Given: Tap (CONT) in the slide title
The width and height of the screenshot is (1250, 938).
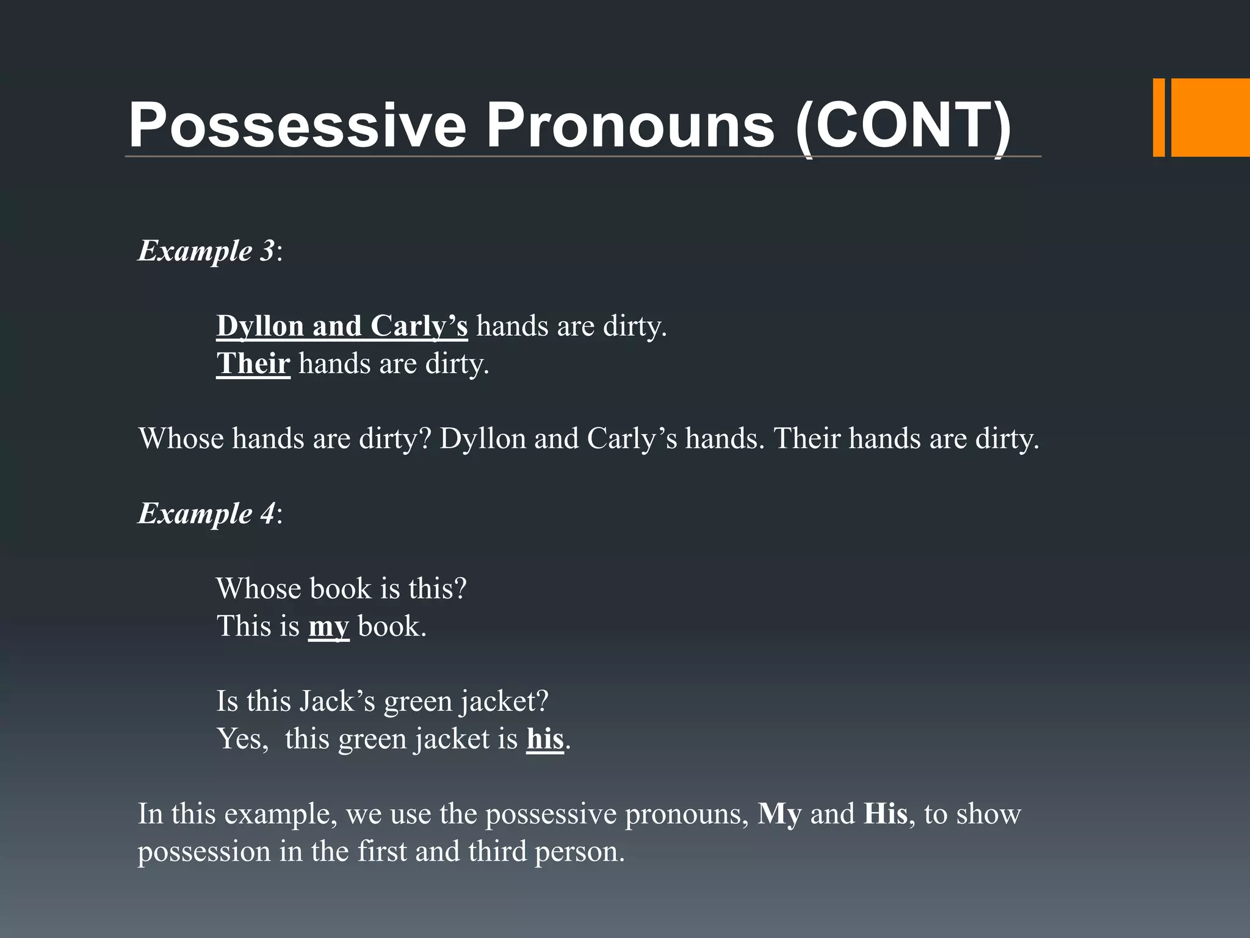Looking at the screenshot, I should (x=904, y=125).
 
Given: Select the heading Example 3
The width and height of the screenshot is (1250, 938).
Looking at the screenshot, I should (x=206, y=250).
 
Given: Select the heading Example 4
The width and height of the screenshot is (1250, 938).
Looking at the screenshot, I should (x=206, y=513).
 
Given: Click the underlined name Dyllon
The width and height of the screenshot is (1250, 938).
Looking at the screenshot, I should (x=260, y=326).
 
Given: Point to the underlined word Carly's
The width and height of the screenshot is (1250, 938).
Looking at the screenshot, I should (x=419, y=326).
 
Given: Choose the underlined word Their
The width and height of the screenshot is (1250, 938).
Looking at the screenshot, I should (x=253, y=364).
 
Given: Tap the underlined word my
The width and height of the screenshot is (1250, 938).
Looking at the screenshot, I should (x=328, y=627).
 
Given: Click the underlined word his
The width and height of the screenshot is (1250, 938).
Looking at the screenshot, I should (x=544, y=739).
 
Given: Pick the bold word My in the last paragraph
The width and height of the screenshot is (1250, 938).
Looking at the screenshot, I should (x=779, y=814).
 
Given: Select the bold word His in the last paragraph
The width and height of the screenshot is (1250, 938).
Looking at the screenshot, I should (x=886, y=814).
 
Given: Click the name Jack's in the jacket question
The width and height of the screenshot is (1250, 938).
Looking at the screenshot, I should (x=337, y=701).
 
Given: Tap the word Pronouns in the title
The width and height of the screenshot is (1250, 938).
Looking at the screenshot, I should (x=629, y=125).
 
